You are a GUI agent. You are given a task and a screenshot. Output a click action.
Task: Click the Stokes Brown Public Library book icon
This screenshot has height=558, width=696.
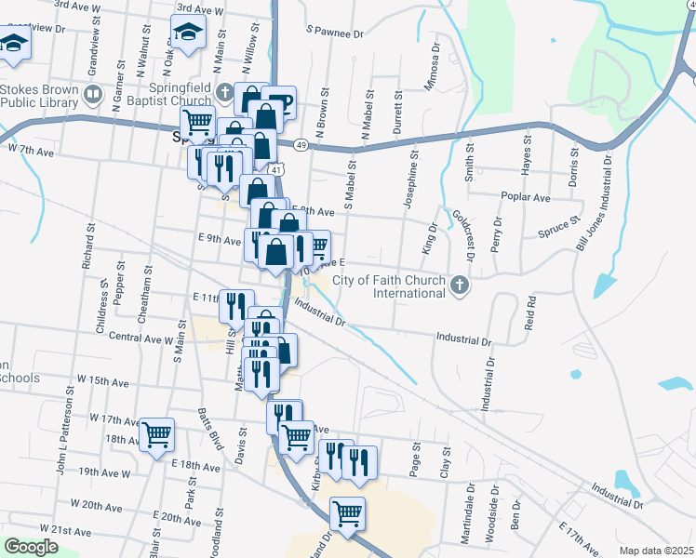(x=93, y=95)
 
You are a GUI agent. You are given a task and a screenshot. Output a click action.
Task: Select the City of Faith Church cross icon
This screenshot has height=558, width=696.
(x=458, y=286)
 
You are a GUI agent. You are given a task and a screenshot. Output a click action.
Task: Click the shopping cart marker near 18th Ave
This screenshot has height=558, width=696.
(x=156, y=432)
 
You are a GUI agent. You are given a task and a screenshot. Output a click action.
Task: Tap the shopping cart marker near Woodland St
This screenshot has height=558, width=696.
(x=346, y=511)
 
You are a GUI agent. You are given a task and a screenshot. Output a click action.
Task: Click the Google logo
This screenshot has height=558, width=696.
(x=31, y=547)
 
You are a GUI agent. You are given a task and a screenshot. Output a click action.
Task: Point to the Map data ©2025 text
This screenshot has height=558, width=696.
(x=656, y=551)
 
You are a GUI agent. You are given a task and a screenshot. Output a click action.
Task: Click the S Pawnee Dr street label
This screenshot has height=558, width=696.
(x=335, y=33)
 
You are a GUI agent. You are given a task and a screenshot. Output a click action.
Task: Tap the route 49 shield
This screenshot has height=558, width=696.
(x=301, y=144)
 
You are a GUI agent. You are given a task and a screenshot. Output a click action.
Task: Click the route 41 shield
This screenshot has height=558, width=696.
(x=278, y=170)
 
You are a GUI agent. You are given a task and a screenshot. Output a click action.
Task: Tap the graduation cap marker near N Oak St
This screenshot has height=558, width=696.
(x=189, y=33)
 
